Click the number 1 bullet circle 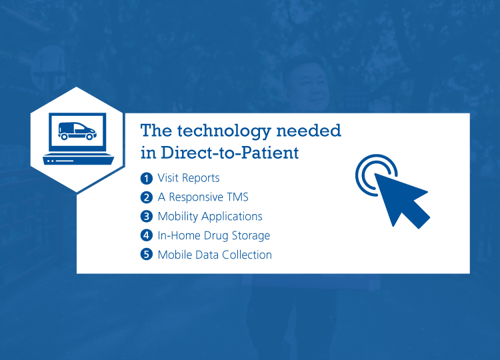pyautogui.click(x=147, y=178)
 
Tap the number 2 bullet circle pyautogui.click(x=147, y=197)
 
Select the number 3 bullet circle pyautogui.click(x=147, y=217)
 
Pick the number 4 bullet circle pyautogui.click(x=147, y=235)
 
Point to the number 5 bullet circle pyautogui.click(x=147, y=255)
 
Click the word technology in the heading pyautogui.click(x=224, y=131)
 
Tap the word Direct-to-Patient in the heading pyautogui.click(x=229, y=153)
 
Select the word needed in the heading pyautogui.click(x=309, y=131)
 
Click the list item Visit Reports pyautogui.click(x=189, y=178)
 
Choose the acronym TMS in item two pyautogui.click(x=237, y=197)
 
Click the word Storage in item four pyautogui.click(x=251, y=236)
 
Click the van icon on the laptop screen pyautogui.click(x=77, y=131)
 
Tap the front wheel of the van pyautogui.click(x=90, y=137)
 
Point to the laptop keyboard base pyautogui.click(x=79, y=159)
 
